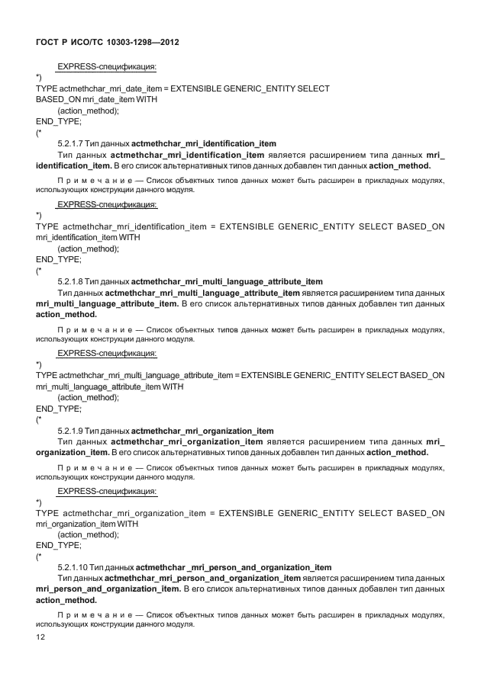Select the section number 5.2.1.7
(x=70, y=143)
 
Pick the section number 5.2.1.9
(x=70, y=431)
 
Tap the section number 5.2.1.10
(x=73, y=567)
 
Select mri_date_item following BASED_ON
(x=108, y=99)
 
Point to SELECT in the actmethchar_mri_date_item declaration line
(x=313, y=88)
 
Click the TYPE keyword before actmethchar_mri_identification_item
(x=47, y=226)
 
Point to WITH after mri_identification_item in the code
(x=129, y=237)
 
